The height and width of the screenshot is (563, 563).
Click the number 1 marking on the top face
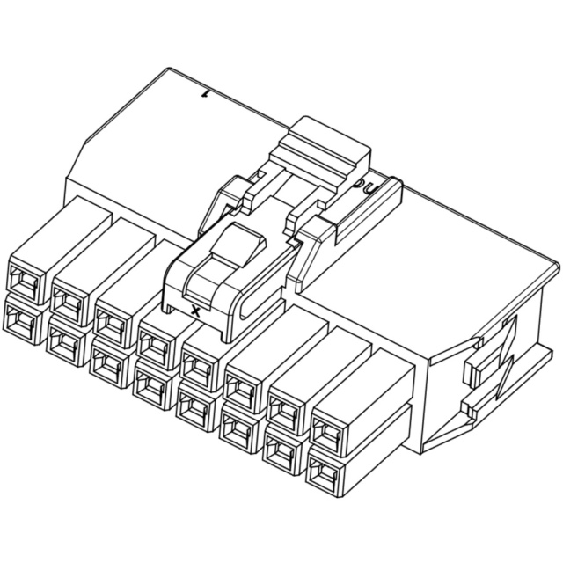(207, 91)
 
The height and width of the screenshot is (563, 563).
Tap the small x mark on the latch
(194, 311)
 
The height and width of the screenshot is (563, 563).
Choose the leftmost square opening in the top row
(22, 280)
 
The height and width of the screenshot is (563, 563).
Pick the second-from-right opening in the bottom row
(281, 451)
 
